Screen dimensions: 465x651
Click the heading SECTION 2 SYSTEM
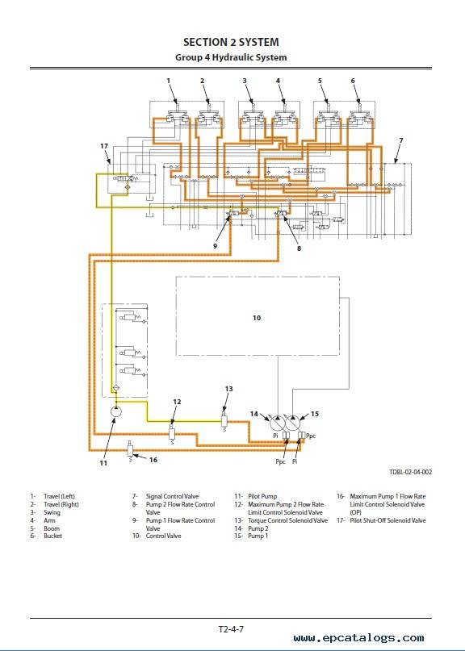pyautogui.click(x=231, y=42)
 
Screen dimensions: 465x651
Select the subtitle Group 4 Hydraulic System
pyautogui.click(x=231, y=57)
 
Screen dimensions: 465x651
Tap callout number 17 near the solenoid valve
pyautogui.click(x=104, y=146)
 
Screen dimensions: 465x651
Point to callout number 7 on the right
pyautogui.click(x=401, y=140)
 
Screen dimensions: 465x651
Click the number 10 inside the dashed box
pyautogui.click(x=257, y=318)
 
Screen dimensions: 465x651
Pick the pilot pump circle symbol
pyautogui.click(x=116, y=412)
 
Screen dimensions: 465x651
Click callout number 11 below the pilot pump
pyautogui.click(x=103, y=462)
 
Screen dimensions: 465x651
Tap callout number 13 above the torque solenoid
pyautogui.click(x=229, y=389)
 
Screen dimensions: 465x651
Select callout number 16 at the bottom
pyautogui.click(x=153, y=460)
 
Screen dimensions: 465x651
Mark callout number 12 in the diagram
pyautogui.click(x=177, y=402)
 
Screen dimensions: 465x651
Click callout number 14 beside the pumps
pyautogui.click(x=254, y=414)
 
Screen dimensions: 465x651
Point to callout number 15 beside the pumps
pyautogui.click(x=315, y=414)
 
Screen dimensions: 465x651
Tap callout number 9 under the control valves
pyautogui.click(x=216, y=246)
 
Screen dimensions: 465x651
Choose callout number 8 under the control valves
pyautogui.click(x=299, y=248)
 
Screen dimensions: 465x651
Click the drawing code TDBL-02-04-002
pyautogui.click(x=411, y=472)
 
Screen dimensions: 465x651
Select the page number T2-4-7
pyautogui.click(x=231, y=629)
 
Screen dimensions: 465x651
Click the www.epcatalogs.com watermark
pyautogui.click(x=359, y=638)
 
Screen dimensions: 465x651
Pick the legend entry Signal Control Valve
pyautogui.click(x=172, y=496)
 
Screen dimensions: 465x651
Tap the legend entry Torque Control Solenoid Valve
pyautogui.click(x=287, y=520)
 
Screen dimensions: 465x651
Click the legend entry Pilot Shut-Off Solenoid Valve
pyautogui.click(x=387, y=520)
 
